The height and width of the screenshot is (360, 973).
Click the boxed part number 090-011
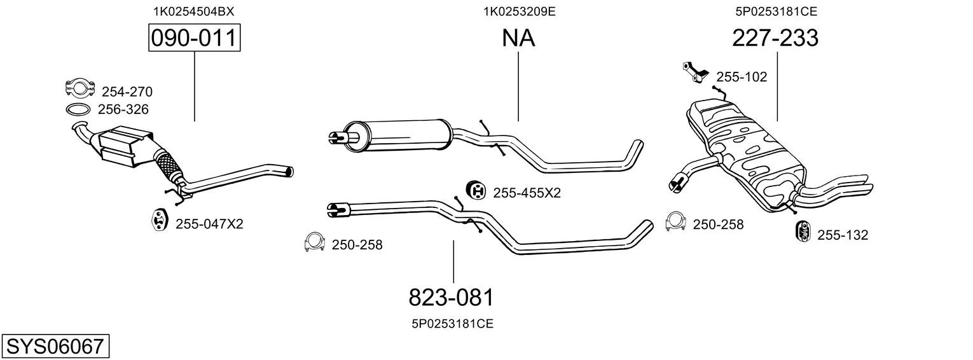pyautogui.click(x=194, y=38)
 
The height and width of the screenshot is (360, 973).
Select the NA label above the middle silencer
pyautogui.click(x=518, y=38)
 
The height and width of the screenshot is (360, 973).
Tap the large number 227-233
pyautogui.click(x=775, y=38)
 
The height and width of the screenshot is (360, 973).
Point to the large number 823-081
pyautogui.click(x=452, y=298)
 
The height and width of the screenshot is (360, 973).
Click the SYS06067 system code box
pyautogui.click(x=55, y=346)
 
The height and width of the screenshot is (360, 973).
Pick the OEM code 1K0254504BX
pyautogui.click(x=194, y=11)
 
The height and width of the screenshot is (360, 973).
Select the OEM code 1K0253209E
pyautogui.click(x=520, y=11)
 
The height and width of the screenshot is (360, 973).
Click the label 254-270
pyautogui.click(x=127, y=92)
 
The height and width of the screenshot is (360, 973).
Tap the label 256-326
pyautogui.click(x=123, y=109)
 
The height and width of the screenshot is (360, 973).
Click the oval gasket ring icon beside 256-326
pyautogui.click(x=78, y=110)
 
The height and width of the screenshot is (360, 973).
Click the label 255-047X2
pyautogui.click(x=209, y=224)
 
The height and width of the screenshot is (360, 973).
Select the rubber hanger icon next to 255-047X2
pyautogui.click(x=159, y=219)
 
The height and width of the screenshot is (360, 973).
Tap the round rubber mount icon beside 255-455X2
pyautogui.click(x=476, y=190)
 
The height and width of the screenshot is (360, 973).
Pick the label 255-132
pyautogui.click(x=843, y=235)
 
